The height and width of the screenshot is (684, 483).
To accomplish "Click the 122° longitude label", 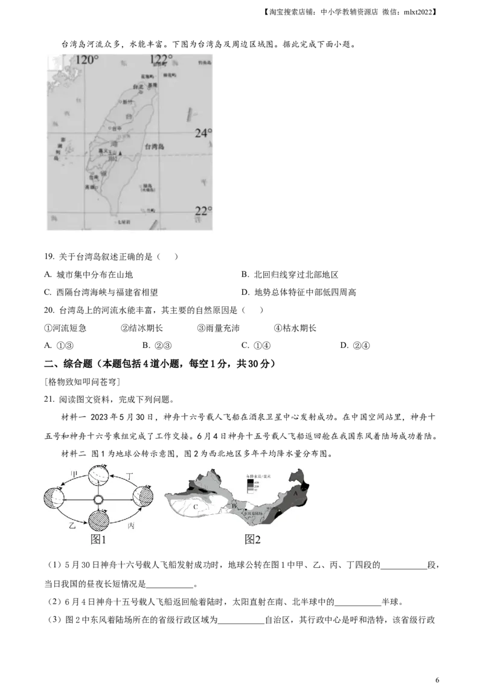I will click(161, 59).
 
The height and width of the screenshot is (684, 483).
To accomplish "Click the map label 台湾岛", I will click(156, 147).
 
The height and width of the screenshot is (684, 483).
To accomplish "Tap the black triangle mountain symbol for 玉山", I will click(121, 154).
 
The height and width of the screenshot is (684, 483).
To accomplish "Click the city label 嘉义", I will click(102, 151).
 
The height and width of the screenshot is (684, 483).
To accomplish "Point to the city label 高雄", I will click(91, 187).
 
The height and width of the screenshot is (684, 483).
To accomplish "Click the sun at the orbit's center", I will click(98, 500).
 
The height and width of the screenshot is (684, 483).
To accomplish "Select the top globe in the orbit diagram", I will click(98, 476).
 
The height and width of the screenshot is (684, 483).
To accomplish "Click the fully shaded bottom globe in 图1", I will click(98, 521).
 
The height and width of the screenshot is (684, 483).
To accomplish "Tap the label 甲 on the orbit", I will click(74, 473).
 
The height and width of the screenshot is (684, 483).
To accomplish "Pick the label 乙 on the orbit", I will click(72, 526).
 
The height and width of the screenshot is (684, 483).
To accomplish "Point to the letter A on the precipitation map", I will click(295, 492).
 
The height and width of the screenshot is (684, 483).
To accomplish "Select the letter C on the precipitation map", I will click(196, 508).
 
